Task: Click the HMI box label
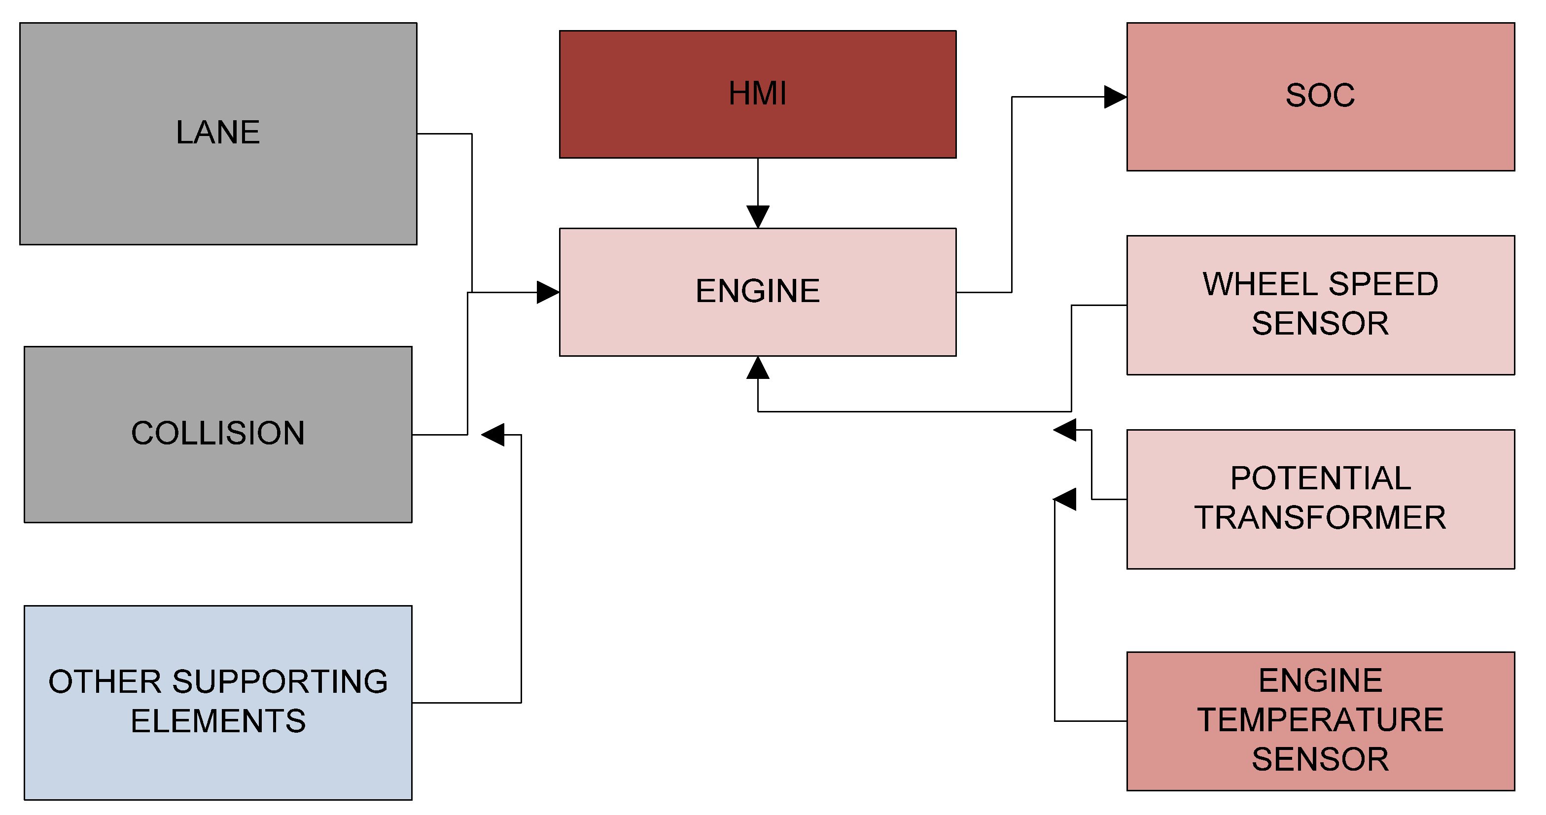click(x=757, y=94)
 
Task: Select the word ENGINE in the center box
click(x=757, y=291)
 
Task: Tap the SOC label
click(x=1320, y=95)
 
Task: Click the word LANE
click(x=218, y=132)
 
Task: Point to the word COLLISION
click(x=218, y=433)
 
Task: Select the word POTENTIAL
click(x=1320, y=478)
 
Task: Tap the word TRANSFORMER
click(x=1320, y=517)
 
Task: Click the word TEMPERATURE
click(x=1320, y=719)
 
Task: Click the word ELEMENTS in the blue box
click(x=218, y=721)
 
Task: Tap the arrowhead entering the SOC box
click(x=1115, y=97)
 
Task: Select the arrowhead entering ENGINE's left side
click(x=547, y=293)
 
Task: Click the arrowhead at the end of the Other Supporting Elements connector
click(x=493, y=435)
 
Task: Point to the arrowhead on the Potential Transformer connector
click(x=1065, y=430)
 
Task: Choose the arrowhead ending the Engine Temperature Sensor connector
click(x=1065, y=499)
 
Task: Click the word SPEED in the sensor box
click(x=1383, y=284)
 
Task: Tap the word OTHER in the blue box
click(x=105, y=682)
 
